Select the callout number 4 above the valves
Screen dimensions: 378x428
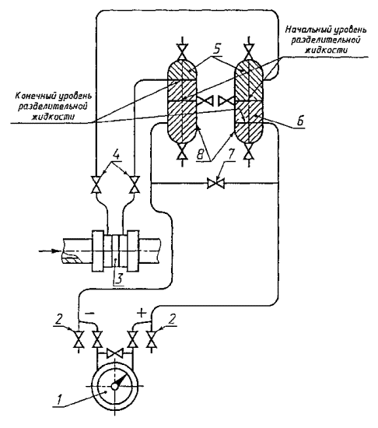(115, 156)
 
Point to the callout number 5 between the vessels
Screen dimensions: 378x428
(216, 50)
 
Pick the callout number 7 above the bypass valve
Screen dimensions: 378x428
(231, 155)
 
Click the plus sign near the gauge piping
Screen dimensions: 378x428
(142, 313)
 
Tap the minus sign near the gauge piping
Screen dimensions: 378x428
(90, 314)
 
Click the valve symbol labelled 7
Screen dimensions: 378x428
(215, 183)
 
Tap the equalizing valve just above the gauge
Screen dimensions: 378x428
(115, 354)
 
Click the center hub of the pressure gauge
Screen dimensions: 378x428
(115, 386)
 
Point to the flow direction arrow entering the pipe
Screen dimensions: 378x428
(50, 251)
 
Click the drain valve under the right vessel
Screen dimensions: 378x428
(248, 153)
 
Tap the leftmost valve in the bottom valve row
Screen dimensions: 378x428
(79, 339)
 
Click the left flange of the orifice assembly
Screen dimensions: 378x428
(98, 251)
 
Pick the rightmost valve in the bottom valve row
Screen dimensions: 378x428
(151, 339)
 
